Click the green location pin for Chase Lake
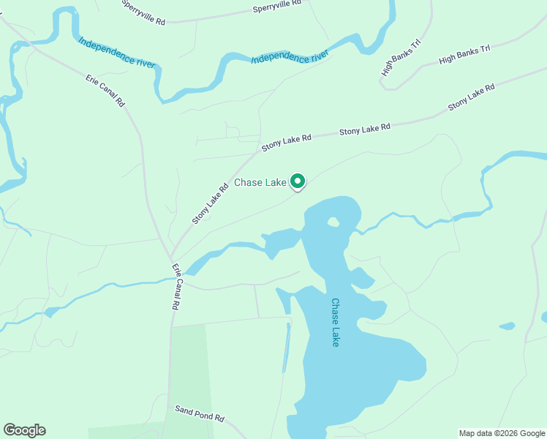298,181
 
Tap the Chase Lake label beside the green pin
260,183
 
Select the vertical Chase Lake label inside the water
336,322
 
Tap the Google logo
24,430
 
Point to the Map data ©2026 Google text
501,433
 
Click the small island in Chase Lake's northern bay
333,222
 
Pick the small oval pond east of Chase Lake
506,326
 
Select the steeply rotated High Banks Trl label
401,58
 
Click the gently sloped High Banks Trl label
464,54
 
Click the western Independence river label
117,53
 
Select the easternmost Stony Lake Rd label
472,97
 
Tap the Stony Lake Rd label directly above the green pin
287,140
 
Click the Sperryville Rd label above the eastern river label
277,7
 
